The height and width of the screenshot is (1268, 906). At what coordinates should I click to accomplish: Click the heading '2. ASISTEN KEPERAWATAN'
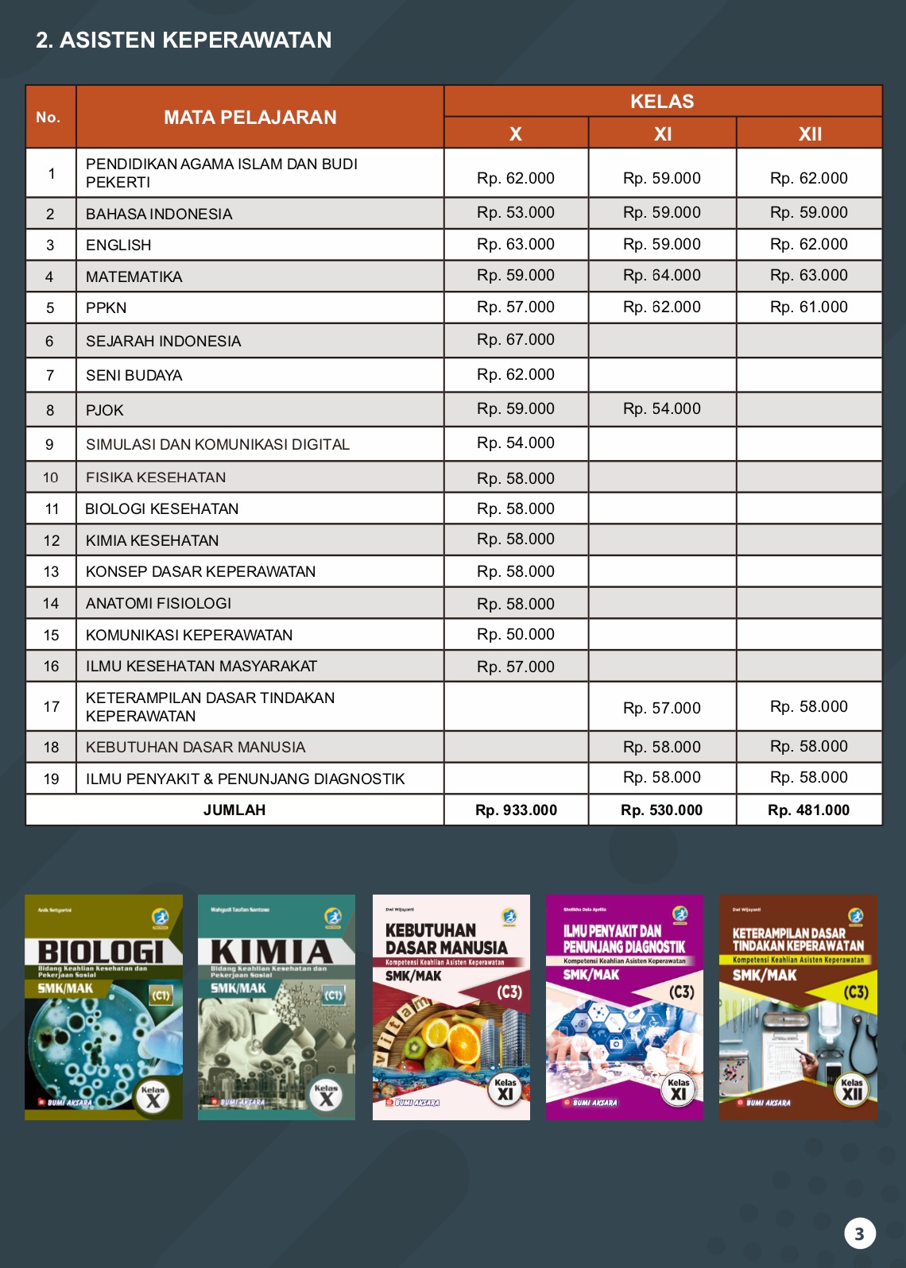pyautogui.click(x=184, y=40)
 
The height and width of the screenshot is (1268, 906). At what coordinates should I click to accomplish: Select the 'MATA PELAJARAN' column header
pyautogui.click(x=250, y=118)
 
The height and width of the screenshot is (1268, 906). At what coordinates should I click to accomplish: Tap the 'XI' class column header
pyautogui.click(x=662, y=133)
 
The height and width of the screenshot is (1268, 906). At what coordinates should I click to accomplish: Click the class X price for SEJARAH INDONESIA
pyautogui.click(x=515, y=340)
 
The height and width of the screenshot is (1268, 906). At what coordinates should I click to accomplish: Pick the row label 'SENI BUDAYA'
pyautogui.click(x=134, y=375)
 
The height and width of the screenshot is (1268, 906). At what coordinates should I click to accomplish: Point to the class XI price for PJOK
pyautogui.click(x=661, y=409)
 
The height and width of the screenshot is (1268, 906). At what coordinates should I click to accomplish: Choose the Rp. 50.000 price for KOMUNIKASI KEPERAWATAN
pyautogui.click(x=515, y=635)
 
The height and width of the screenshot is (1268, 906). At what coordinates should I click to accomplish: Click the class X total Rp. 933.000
pyautogui.click(x=516, y=810)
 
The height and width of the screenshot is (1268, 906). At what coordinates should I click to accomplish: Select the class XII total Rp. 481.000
pyautogui.click(x=808, y=810)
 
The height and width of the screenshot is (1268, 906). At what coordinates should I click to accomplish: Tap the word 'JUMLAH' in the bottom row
pyautogui.click(x=234, y=810)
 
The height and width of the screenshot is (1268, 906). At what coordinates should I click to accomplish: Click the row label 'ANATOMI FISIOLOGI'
pyautogui.click(x=159, y=604)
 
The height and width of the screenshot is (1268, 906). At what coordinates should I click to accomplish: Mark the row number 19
pyautogui.click(x=51, y=779)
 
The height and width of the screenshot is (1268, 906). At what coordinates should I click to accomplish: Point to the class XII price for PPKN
pyautogui.click(x=808, y=307)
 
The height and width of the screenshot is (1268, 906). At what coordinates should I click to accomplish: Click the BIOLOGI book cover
pyautogui.click(x=103, y=1007)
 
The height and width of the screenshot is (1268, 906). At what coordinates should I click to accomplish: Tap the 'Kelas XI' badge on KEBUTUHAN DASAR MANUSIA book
pyautogui.click(x=505, y=1090)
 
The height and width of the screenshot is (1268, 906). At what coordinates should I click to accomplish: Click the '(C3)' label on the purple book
pyautogui.click(x=681, y=992)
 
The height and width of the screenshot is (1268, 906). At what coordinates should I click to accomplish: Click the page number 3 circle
pyautogui.click(x=859, y=1234)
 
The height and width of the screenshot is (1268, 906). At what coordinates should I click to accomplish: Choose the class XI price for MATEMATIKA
pyautogui.click(x=661, y=276)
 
